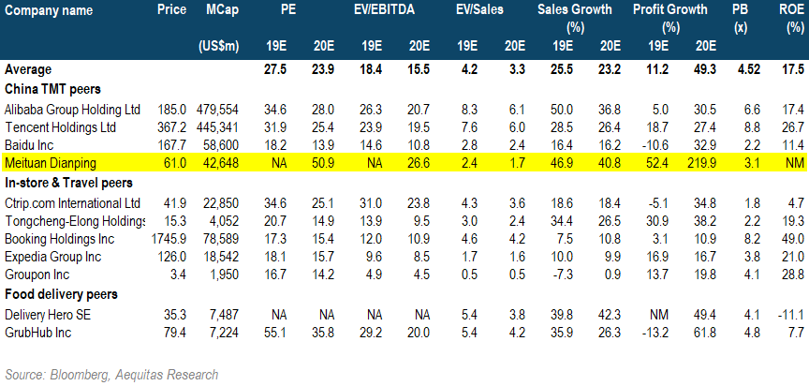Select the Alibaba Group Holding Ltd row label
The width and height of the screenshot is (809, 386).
(x=73, y=110)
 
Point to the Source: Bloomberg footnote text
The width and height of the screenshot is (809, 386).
(x=111, y=375)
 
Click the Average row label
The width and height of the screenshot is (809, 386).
(x=28, y=69)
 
